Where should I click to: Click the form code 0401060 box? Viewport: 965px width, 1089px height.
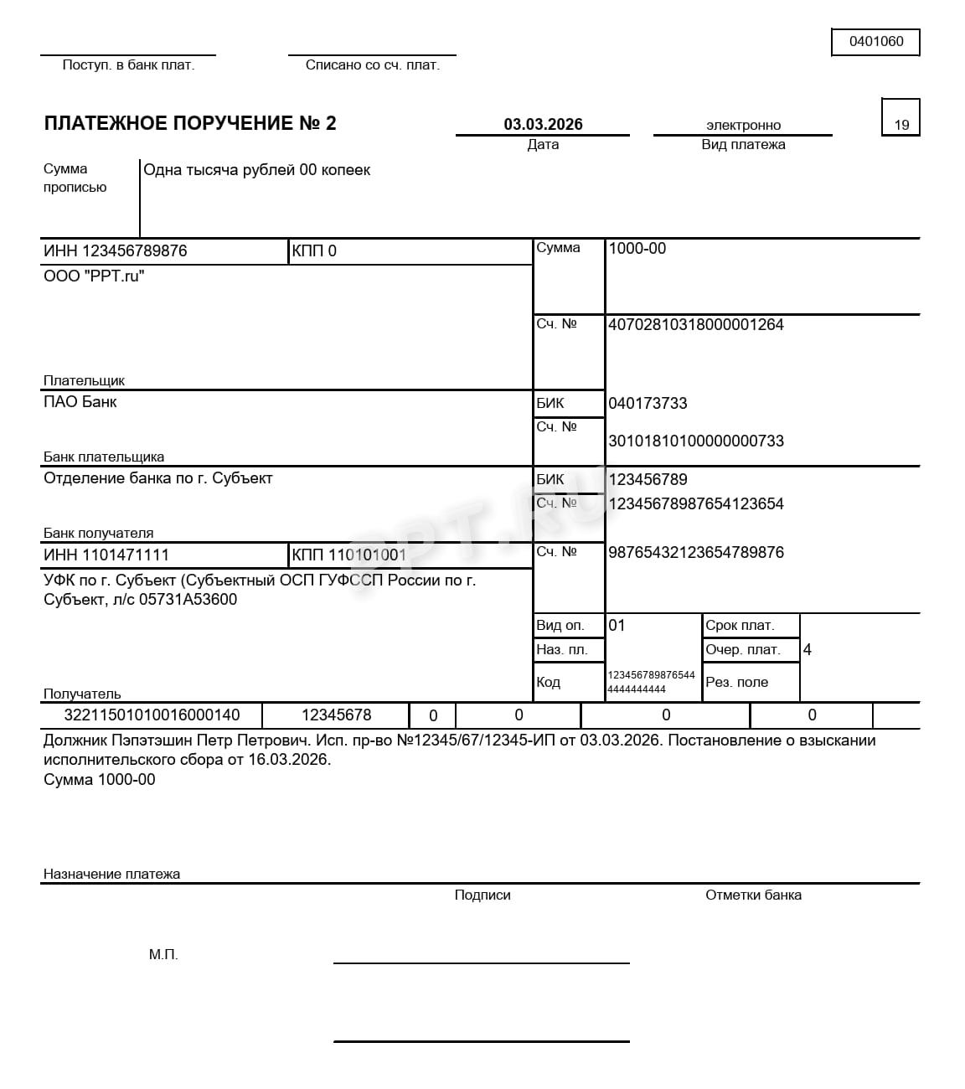pos(875,42)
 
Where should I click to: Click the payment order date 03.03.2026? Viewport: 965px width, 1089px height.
pos(543,125)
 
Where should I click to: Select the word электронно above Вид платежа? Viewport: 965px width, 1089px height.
pos(743,126)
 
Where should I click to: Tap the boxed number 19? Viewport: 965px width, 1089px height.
pos(901,125)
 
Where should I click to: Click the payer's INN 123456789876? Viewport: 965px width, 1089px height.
pos(116,251)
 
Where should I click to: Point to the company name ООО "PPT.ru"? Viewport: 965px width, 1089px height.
pos(94,276)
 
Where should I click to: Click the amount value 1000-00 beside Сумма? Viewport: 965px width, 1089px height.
pos(637,249)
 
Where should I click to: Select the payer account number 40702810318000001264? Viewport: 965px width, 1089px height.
pos(695,325)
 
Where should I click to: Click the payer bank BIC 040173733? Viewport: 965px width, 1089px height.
pos(648,404)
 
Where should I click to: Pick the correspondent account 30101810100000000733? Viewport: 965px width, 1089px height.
pos(695,441)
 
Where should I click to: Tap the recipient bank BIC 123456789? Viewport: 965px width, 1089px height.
pos(648,480)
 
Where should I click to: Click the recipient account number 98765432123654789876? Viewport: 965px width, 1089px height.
pos(695,553)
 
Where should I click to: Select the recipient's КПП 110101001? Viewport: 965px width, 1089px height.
pos(349,555)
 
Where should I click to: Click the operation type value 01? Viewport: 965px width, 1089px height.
pos(617,626)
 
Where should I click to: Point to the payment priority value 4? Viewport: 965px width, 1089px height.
pos(807,650)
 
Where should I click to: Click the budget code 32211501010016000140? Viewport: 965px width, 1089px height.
pos(152,715)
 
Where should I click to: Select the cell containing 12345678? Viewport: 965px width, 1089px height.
pos(336,715)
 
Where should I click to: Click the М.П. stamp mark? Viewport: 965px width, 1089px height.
pos(163,955)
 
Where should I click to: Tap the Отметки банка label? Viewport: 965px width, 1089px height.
pos(753,895)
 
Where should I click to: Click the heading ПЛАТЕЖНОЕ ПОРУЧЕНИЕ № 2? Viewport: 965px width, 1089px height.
pos(190,124)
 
